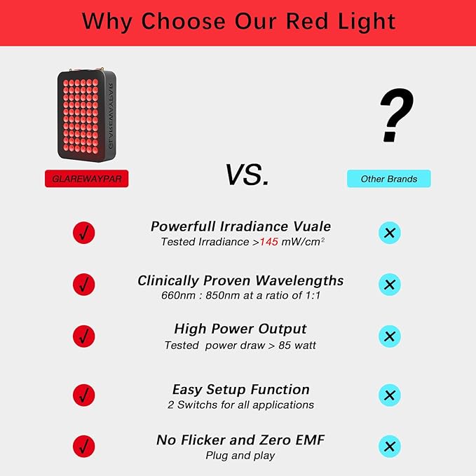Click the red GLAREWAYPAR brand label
coord(87,179)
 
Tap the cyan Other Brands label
coord(389,179)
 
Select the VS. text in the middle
coord(247,175)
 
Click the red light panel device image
coord(88,114)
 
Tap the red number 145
coord(269,242)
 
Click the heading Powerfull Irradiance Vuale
coord(240,226)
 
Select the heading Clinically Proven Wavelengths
coord(240,280)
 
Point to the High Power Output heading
coord(240,329)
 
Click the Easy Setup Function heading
coord(240,389)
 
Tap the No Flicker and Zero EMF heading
coord(240,440)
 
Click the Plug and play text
coord(240,456)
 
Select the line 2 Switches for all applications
coord(240,404)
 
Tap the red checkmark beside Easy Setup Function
coord(83,395)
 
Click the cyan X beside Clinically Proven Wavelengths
coord(389,285)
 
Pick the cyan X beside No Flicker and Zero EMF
coord(389,446)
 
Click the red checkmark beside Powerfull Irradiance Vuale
coord(83,233)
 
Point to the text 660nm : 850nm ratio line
coord(240,295)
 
